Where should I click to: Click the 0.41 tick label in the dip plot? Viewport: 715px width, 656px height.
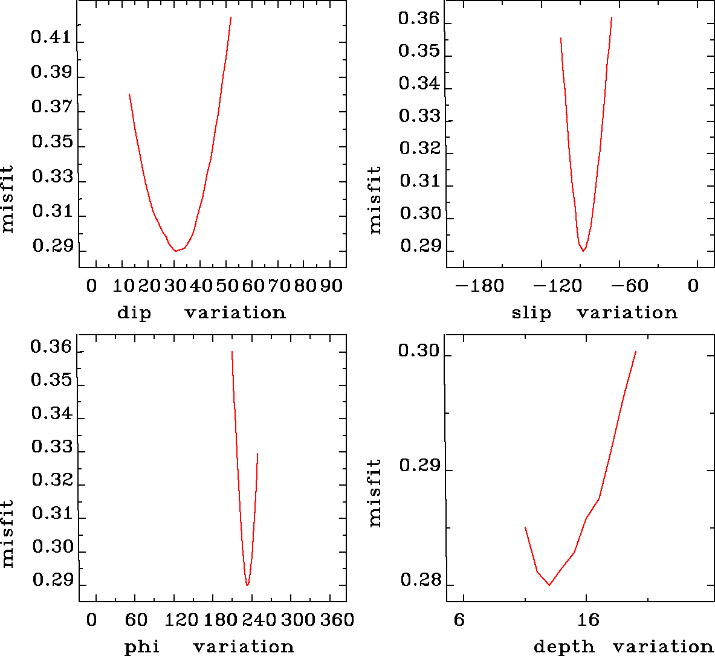[x=51, y=39]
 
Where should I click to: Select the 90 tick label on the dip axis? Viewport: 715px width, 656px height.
[x=331, y=286]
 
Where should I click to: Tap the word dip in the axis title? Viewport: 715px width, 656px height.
[x=134, y=313]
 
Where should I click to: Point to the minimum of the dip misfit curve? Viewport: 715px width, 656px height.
[x=175, y=251]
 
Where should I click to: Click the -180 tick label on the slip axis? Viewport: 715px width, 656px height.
[x=480, y=286]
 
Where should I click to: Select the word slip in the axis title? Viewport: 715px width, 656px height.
[x=531, y=313]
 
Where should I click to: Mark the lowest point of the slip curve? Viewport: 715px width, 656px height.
[x=583, y=251]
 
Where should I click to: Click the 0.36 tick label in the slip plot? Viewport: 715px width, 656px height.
[x=418, y=19]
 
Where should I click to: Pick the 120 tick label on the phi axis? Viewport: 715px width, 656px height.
[x=182, y=620]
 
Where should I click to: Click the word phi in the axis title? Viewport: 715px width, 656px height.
[x=142, y=647]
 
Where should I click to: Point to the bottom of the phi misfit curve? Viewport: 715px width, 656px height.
[x=247, y=585]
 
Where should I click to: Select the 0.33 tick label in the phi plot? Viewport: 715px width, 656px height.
[x=51, y=448]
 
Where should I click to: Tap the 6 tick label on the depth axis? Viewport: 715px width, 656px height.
[x=459, y=620]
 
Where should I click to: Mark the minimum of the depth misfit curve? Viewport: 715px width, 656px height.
[x=549, y=585]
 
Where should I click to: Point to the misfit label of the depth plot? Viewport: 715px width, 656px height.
[x=375, y=493]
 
